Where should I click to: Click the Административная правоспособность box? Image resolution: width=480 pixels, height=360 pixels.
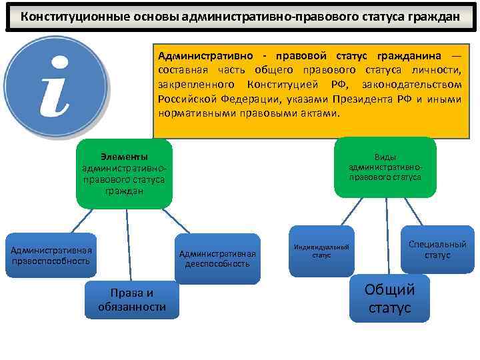point(51,255)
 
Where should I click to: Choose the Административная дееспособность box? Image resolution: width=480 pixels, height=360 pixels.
point(217,257)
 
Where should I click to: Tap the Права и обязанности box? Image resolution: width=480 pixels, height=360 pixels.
point(132,299)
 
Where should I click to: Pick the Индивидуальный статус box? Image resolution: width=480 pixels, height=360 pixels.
point(321,251)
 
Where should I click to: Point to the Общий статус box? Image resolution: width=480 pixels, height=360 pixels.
point(389,299)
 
